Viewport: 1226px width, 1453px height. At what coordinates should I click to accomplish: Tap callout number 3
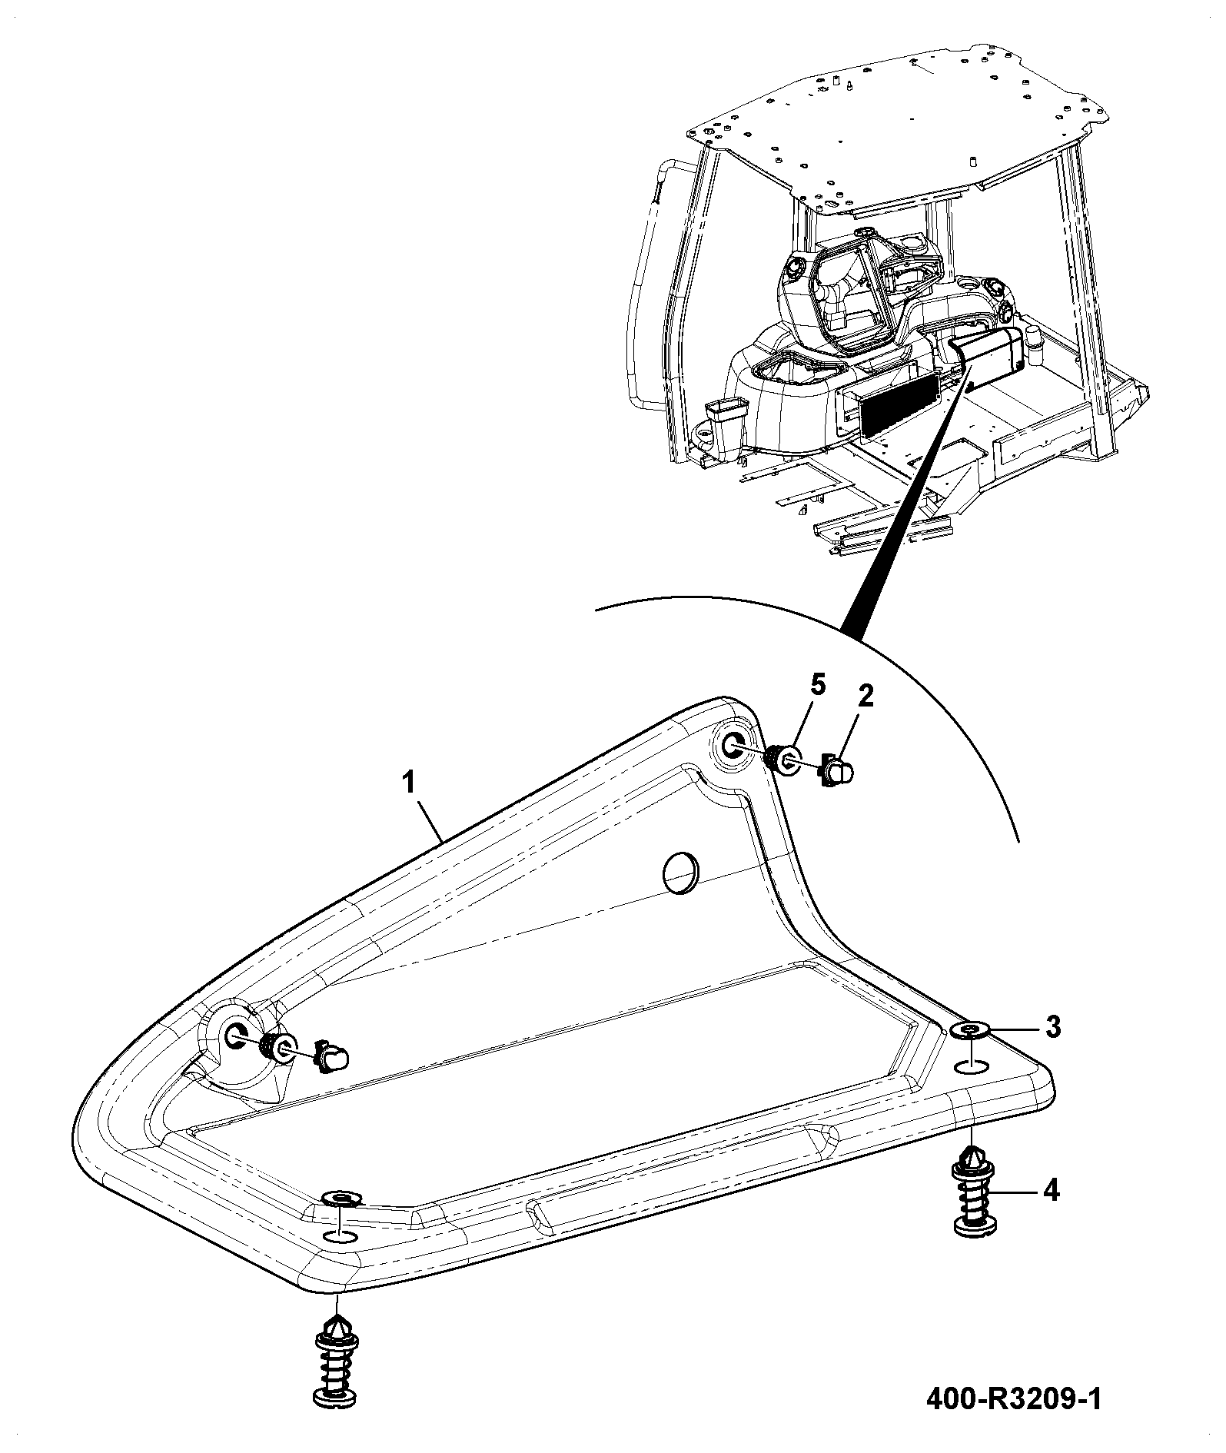[1052, 1026]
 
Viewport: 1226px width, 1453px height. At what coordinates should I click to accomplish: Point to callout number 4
[1052, 1191]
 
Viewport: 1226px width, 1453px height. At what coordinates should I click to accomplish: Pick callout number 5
[817, 686]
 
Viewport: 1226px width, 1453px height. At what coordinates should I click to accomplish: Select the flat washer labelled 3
[971, 1031]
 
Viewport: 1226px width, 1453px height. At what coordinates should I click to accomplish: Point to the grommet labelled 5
[782, 761]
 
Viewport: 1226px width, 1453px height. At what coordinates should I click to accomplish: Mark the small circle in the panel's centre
[681, 873]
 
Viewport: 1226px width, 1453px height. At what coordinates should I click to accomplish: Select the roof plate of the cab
[895, 127]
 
